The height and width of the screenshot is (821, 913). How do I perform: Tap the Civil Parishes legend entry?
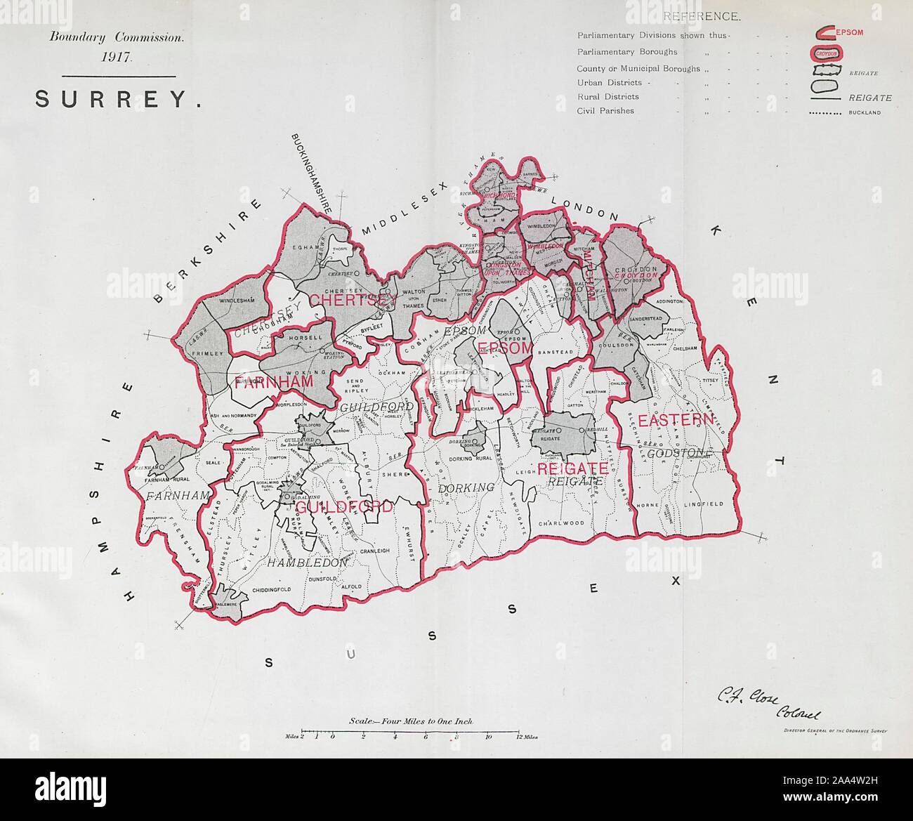click(x=605, y=111)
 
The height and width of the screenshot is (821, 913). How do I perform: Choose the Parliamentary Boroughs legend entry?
click(x=627, y=52)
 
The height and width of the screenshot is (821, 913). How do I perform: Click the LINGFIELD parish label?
click(x=701, y=504)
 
